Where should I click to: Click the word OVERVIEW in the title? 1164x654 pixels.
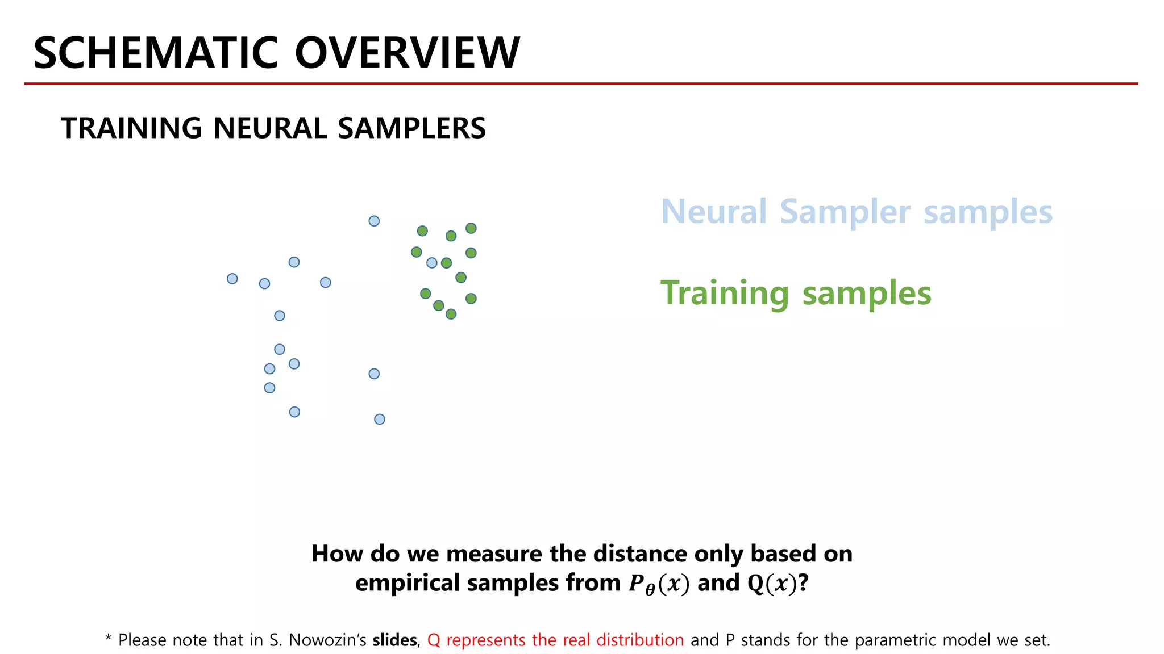coord(407,53)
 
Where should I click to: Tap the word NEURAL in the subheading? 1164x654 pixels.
coord(272,128)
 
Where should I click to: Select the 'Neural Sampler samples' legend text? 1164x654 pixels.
coord(857,212)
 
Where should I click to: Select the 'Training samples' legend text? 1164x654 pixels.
coord(796,293)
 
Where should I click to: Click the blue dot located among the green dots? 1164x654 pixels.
coord(432,263)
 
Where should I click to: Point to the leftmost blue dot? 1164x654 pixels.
coord(232,279)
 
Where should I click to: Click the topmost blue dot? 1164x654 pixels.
coord(374,221)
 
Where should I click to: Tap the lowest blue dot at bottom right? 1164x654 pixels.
coord(380,420)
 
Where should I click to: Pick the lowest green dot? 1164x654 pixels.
coord(451,314)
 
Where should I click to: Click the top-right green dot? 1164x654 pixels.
coord(471,228)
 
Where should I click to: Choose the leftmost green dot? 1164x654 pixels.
coord(417,252)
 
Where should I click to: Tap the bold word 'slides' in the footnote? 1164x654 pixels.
coord(394,640)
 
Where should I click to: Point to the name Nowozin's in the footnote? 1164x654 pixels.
coord(327,640)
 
